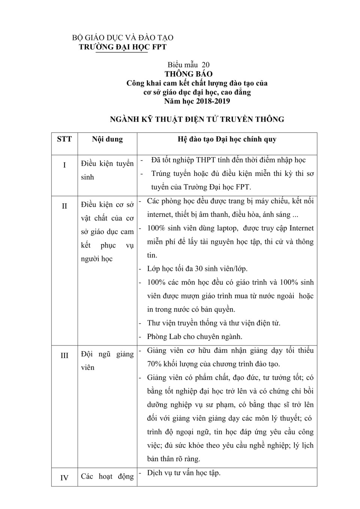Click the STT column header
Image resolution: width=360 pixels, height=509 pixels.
pos(64,139)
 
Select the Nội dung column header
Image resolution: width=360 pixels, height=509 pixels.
pos(107,139)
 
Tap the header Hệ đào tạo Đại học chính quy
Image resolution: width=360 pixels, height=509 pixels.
pos(227,139)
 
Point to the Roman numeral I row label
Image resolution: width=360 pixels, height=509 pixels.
pos(64,165)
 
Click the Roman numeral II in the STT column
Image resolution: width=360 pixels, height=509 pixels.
pos(64,206)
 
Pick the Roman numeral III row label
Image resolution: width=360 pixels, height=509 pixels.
pos(64,355)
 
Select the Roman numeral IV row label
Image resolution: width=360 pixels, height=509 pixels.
pos(64,478)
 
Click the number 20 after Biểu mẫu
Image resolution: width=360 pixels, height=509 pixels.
pos(205,65)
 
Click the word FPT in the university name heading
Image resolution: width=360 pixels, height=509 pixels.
pos(159,47)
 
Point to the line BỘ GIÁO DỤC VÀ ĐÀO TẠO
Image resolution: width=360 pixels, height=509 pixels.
pos(123,38)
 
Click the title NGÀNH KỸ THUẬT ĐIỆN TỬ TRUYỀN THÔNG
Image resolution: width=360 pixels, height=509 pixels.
pos(197,119)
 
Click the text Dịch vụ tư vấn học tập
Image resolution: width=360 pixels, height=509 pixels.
pos(184,473)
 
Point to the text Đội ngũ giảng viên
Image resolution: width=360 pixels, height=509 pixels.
pos(107,360)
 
